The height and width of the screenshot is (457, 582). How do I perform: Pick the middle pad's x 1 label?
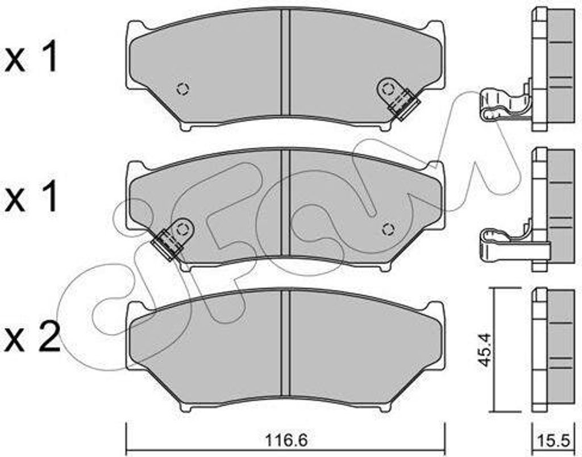click(31, 198)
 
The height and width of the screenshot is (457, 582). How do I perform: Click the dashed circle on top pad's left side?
click(182, 89)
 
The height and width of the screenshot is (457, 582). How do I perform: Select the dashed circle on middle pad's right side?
click(388, 229)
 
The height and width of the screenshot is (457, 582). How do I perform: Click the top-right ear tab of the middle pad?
click(436, 168)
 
